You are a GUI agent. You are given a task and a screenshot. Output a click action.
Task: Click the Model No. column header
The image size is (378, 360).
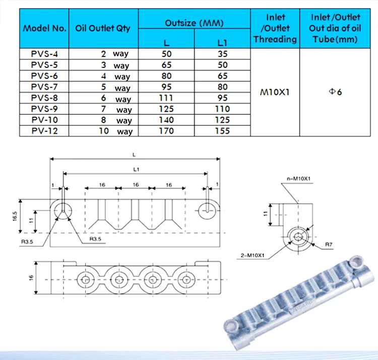44,28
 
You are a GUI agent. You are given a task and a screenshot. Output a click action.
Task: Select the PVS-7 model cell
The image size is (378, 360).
44,87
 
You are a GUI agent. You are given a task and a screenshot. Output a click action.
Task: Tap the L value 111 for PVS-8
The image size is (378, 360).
166,98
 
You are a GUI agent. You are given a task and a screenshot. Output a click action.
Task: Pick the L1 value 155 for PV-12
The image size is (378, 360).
222,131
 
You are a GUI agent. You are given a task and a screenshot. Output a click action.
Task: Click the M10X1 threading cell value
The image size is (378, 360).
275,92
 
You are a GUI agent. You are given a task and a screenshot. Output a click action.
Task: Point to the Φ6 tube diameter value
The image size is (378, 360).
335,92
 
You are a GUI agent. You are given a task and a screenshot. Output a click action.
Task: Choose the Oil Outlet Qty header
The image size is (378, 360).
103,28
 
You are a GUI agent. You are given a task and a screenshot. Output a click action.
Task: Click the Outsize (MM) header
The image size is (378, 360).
195,23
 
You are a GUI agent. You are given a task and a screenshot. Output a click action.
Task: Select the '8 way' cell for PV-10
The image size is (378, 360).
116,120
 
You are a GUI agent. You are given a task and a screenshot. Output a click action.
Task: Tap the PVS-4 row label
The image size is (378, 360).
44,54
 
